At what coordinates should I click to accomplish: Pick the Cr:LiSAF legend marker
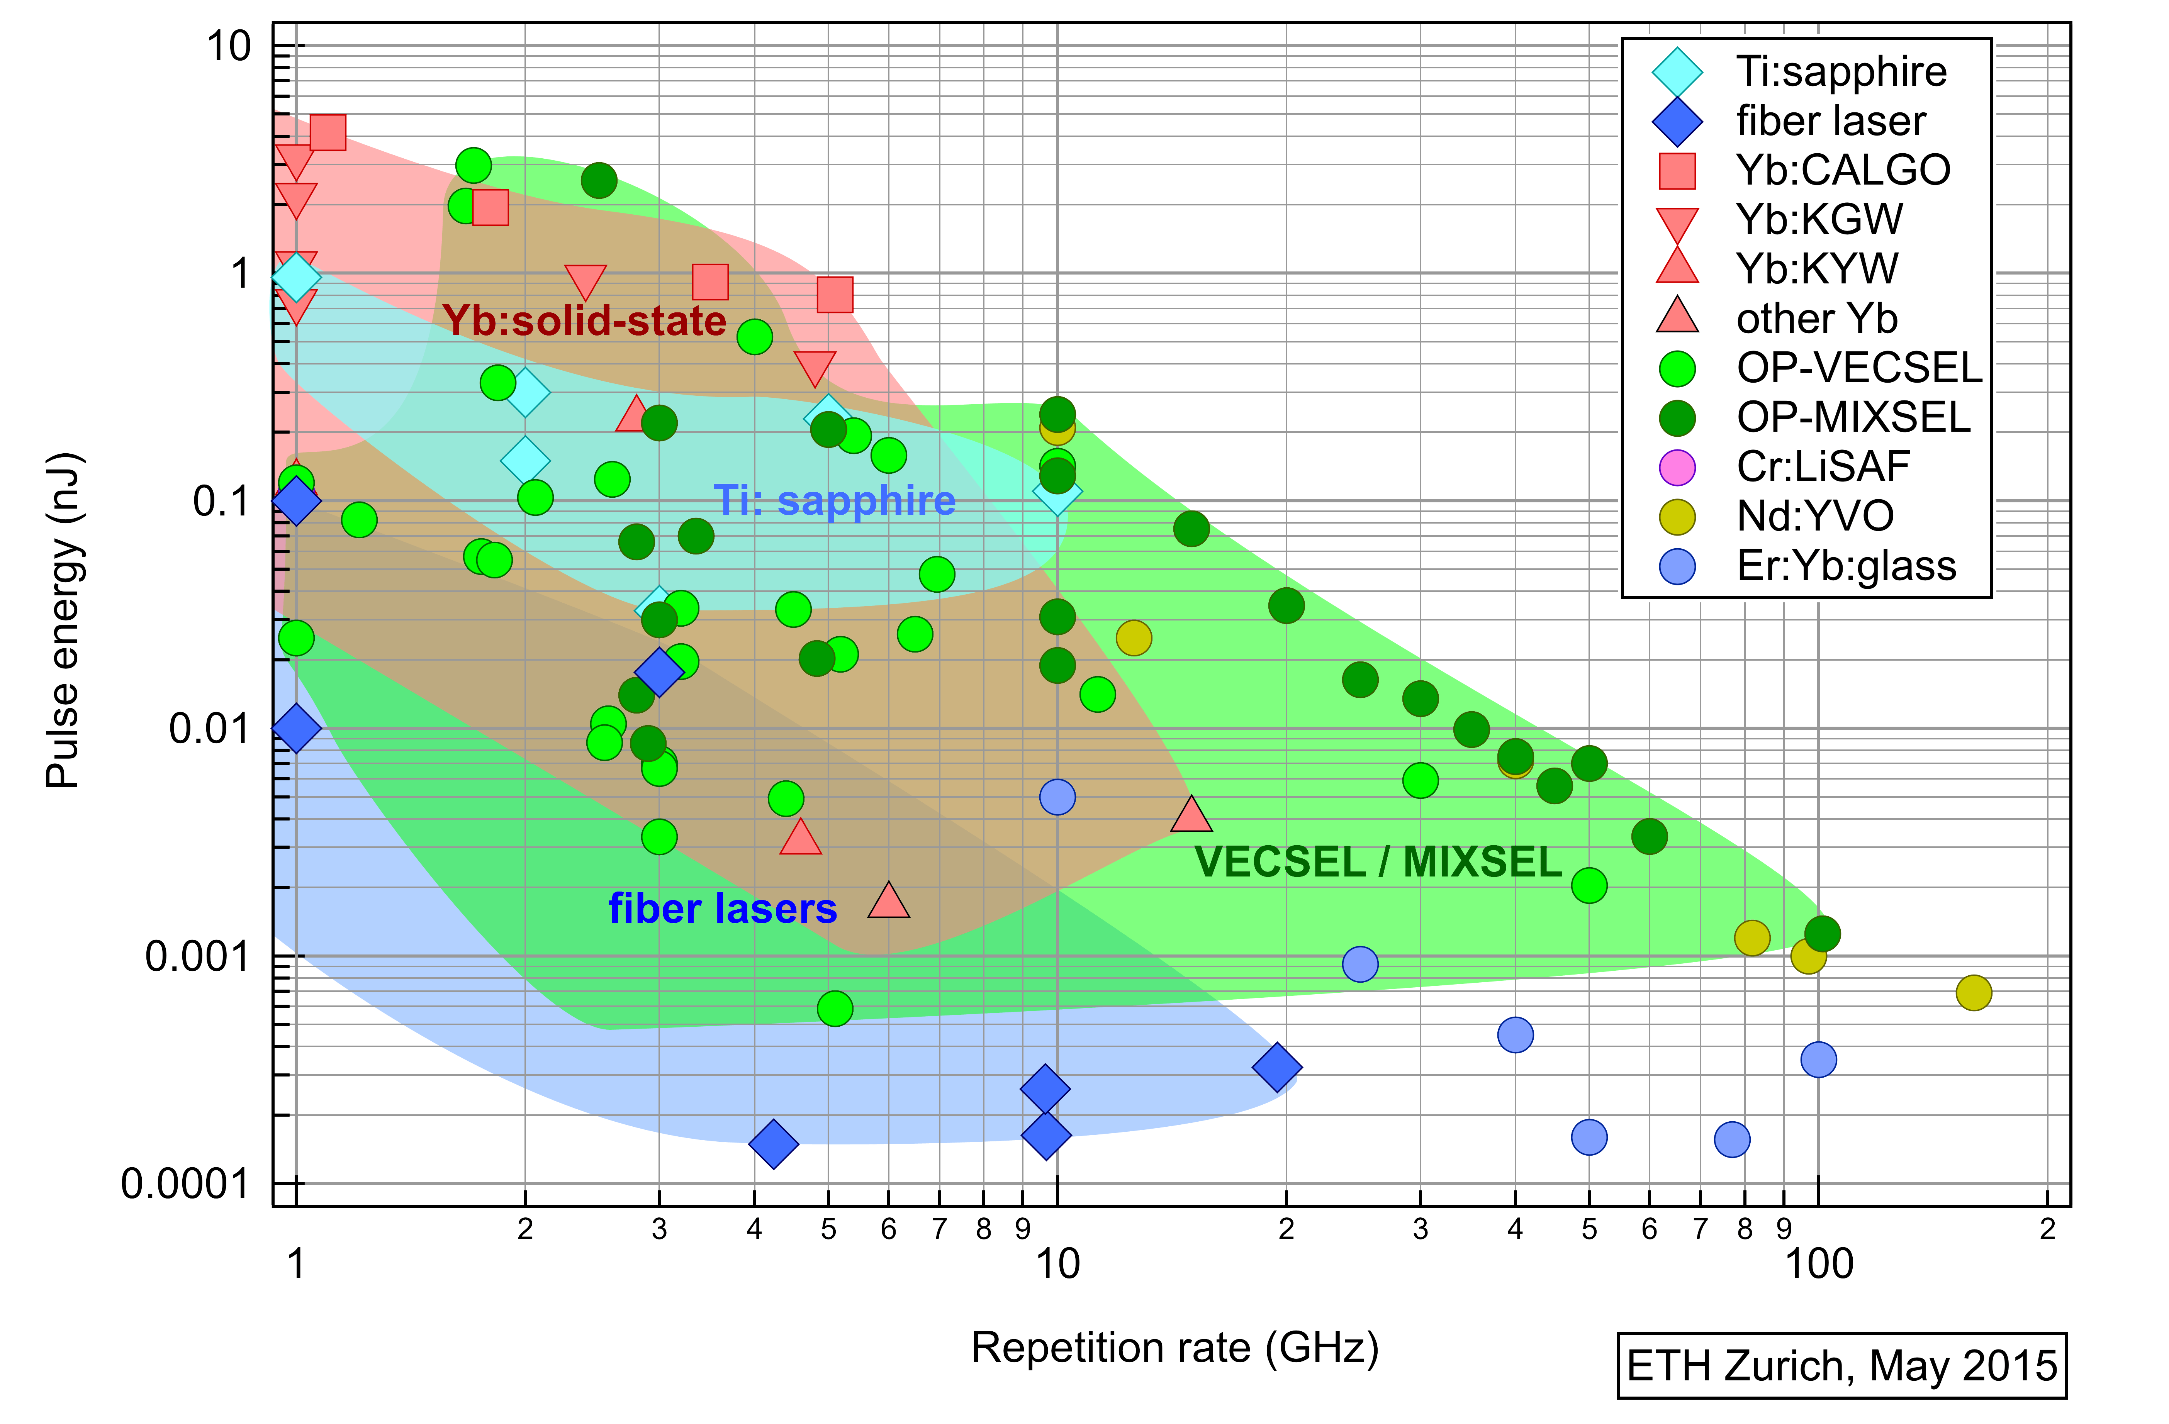click(1677, 467)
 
